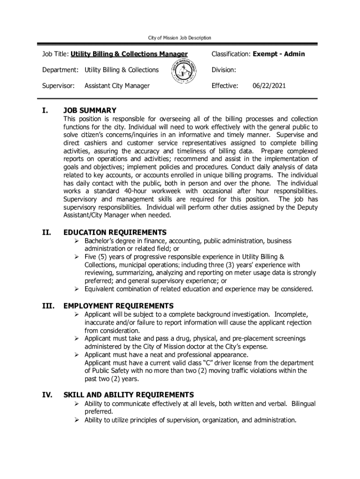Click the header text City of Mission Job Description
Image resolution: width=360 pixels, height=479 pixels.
click(180, 37)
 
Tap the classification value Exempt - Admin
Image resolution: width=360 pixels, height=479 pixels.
click(279, 54)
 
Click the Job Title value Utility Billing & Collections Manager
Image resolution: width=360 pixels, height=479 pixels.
click(129, 54)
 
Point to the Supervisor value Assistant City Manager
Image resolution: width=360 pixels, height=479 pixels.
click(117, 86)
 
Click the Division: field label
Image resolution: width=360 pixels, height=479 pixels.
click(223, 70)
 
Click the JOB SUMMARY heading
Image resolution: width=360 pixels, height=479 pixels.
click(90, 110)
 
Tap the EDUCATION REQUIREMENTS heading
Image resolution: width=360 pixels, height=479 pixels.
click(115, 232)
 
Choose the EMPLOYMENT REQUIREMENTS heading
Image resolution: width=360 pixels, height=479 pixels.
click(118, 306)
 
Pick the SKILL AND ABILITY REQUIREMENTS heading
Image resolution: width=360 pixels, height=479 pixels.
click(129, 395)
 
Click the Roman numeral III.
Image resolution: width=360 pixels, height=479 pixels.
click(47, 306)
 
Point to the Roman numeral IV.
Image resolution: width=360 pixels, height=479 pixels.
click(47, 395)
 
